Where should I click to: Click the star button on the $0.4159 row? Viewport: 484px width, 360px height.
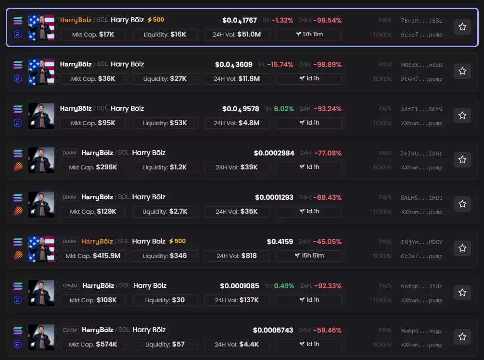pos(462,248)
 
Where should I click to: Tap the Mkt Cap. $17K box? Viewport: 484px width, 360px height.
pos(93,35)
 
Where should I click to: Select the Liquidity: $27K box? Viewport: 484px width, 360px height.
pos(165,79)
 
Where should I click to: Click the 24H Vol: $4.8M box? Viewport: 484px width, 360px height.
pos(237,123)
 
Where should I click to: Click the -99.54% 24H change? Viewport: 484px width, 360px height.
pos(327,20)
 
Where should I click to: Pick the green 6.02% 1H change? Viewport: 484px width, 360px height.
pos(284,109)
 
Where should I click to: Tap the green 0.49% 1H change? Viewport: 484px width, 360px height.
pos(284,286)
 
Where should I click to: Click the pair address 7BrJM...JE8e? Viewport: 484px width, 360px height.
pos(421,21)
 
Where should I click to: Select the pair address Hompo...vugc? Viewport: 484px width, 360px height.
pos(421,331)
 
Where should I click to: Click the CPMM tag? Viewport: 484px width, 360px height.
pos(68,286)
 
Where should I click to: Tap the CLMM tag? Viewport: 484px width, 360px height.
pos(68,330)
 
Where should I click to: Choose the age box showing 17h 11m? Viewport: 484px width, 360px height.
pos(308,35)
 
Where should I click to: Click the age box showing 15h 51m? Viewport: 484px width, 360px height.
pos(308,256)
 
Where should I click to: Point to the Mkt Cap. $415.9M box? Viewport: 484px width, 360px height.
pos(93,256)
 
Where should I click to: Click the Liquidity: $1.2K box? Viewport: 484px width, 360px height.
pos(165,167)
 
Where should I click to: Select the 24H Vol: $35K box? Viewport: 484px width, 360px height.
pos(237,212)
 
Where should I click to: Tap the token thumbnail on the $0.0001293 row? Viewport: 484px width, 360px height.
pos(41,205)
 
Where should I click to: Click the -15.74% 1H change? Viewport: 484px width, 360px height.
pos(280,64)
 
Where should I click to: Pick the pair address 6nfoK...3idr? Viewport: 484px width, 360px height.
pos(421,286)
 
